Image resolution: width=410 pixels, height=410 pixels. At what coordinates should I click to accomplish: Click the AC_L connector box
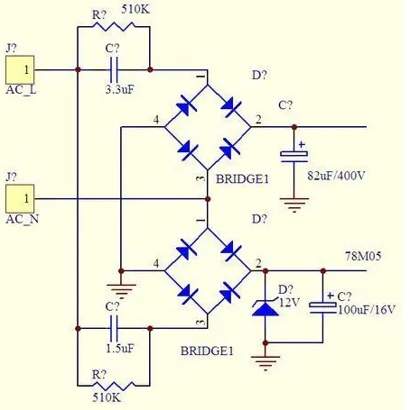pos(20,70)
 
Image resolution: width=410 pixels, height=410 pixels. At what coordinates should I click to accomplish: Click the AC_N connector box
pos(20,199)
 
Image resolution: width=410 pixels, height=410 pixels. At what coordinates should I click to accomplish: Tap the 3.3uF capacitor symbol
pos(113,70)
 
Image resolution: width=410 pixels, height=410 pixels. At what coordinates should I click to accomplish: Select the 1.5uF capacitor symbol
pos(114,328)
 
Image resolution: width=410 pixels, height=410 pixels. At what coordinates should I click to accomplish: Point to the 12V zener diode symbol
pos(265,308)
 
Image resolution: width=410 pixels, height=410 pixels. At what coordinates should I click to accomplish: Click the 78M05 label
pos(363,256)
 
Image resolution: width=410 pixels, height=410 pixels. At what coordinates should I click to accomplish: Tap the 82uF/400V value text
pos(336,176)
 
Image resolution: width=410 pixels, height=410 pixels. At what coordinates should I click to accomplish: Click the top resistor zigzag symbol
pos(114,26)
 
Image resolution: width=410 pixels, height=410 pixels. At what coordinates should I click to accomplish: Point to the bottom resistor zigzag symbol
pos(114,386)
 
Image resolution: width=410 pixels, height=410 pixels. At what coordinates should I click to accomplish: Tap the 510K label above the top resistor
pos(135,10)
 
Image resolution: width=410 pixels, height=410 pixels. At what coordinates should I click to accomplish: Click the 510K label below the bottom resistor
pos(107,397)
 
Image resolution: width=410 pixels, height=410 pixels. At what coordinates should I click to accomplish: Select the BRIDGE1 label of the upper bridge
pos(242,179)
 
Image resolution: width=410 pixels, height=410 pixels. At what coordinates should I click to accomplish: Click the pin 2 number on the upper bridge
pos(258,120)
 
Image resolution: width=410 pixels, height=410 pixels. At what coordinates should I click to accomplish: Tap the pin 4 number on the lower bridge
pos(156,264)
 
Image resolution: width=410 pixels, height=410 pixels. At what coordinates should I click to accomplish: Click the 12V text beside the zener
pos(289,302)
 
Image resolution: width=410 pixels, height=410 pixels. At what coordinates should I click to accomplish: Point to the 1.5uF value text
pos(120,349)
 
